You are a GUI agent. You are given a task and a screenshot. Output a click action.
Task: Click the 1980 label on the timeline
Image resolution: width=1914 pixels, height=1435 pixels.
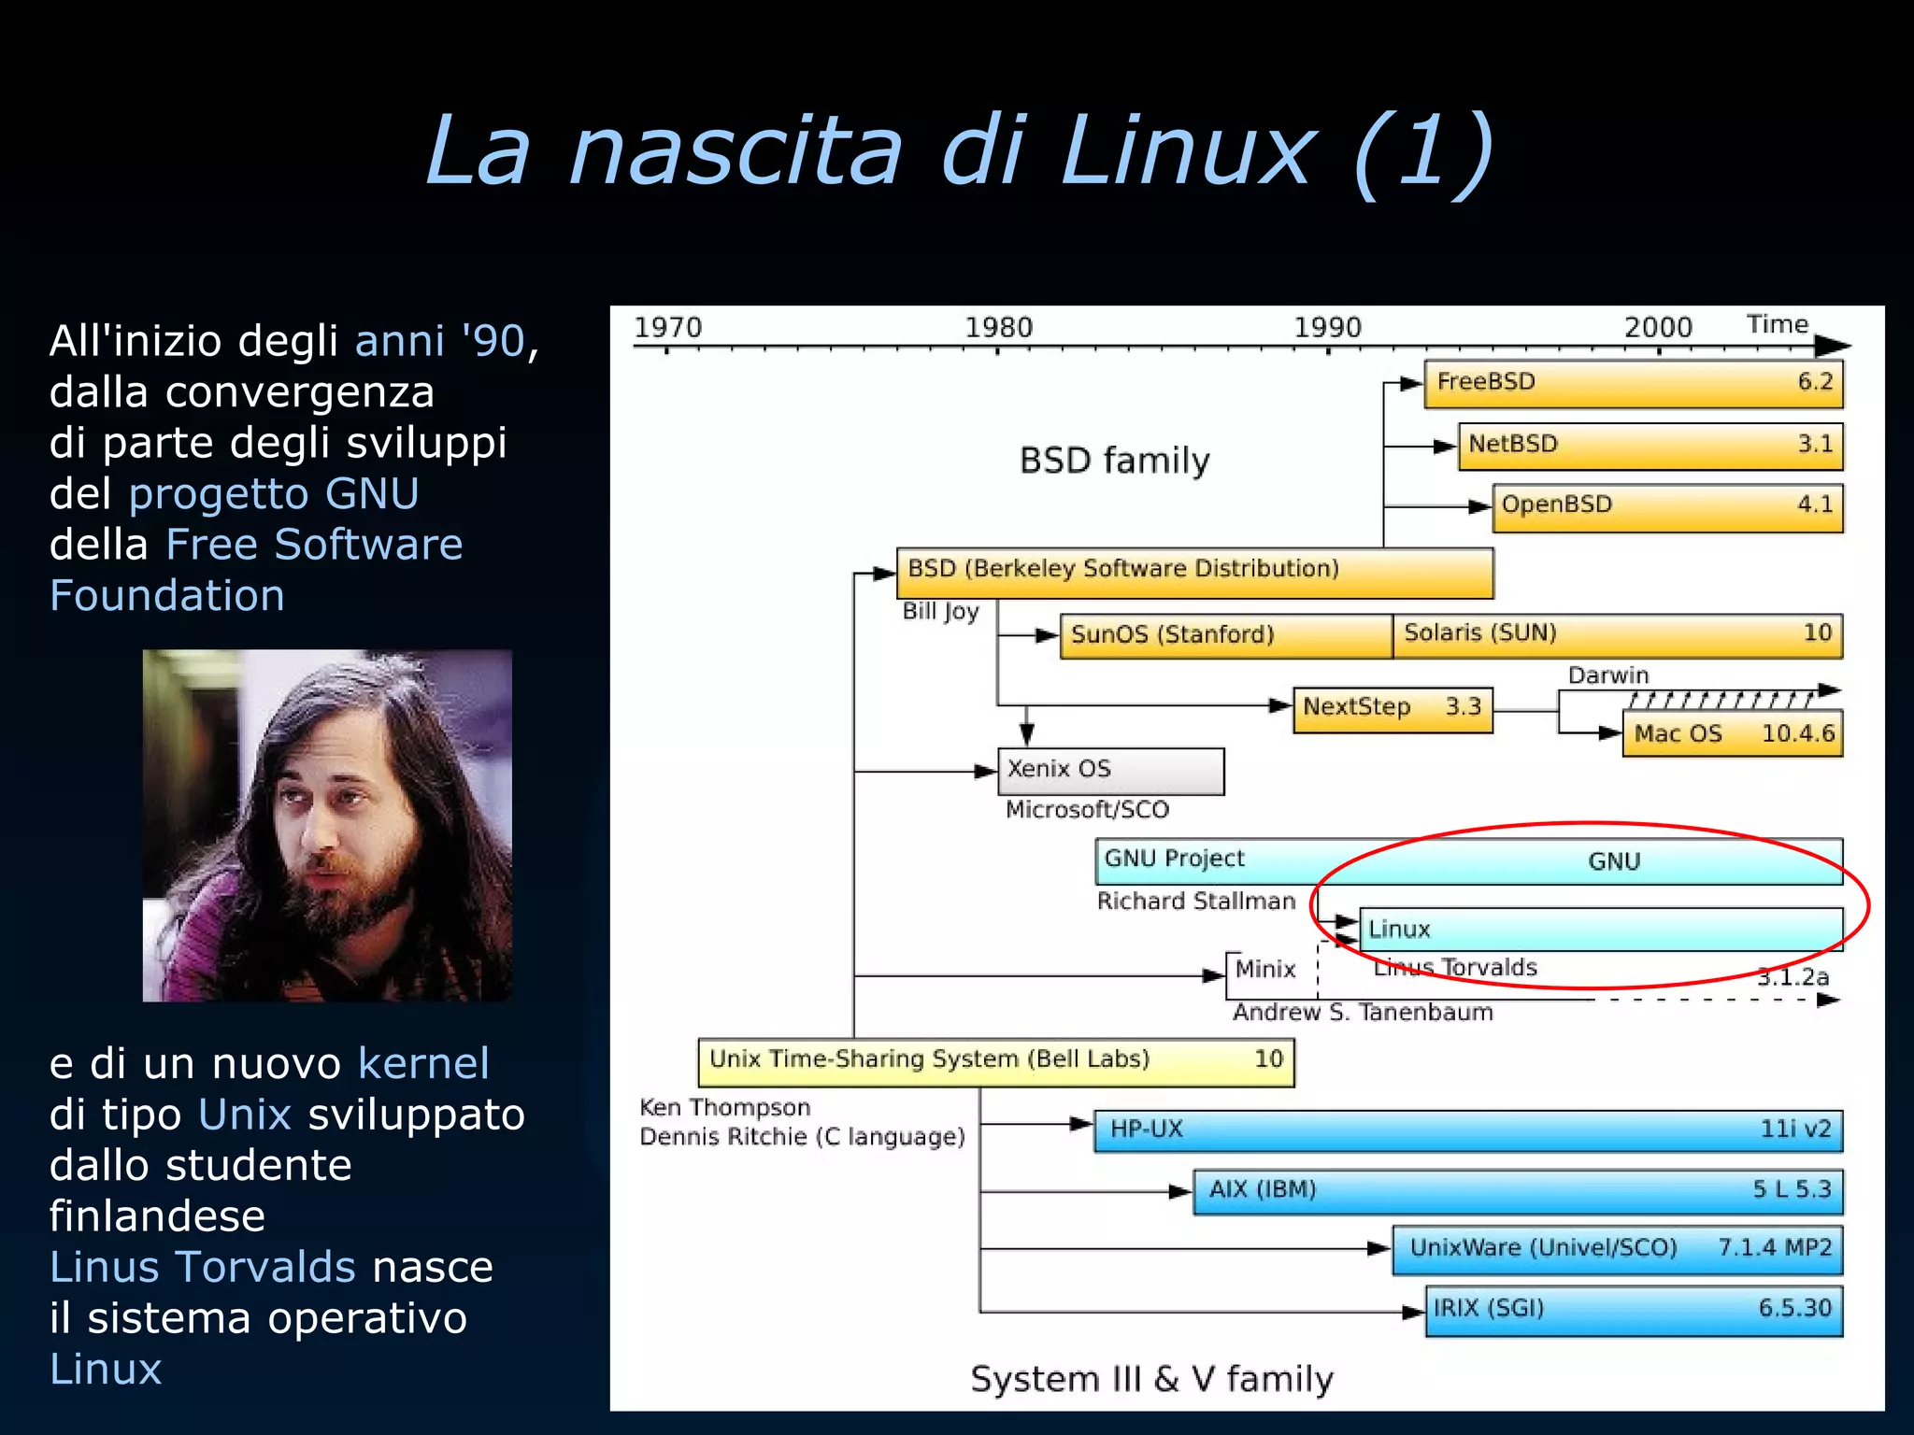998,328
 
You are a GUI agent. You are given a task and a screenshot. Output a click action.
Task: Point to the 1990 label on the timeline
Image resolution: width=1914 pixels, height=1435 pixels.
1327,328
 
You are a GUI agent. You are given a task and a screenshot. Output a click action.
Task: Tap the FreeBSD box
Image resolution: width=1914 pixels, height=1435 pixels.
1633,383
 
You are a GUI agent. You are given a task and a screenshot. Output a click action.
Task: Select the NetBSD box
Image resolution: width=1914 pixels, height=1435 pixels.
1650,445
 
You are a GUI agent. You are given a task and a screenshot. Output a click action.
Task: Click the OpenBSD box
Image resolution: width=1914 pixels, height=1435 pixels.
1667,506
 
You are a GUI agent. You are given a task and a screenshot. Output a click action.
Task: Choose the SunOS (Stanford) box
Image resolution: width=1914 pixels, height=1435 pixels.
1225,635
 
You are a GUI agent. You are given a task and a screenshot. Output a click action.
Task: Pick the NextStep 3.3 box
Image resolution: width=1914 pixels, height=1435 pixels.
1393,708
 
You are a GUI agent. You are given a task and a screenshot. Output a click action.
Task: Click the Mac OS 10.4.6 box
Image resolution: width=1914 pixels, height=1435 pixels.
1732,734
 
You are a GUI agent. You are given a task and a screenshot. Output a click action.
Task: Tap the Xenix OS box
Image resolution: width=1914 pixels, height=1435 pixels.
1110,771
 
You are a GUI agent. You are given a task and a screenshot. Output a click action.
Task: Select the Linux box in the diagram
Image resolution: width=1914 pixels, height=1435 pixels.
1600,930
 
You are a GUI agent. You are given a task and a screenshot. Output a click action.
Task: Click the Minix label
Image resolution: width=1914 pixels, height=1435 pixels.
1264,970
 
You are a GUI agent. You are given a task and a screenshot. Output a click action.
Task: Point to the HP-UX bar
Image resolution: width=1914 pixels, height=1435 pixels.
1467,1130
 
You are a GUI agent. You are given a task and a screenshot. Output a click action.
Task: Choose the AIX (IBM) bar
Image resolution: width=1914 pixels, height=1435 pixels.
1518,1190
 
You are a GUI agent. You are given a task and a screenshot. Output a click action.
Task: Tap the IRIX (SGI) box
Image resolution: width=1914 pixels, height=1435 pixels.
1634,1310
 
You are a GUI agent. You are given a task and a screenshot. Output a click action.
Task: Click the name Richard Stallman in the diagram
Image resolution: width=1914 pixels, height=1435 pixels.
1196,902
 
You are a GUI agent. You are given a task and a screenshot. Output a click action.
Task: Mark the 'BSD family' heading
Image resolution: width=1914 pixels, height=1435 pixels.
1114,462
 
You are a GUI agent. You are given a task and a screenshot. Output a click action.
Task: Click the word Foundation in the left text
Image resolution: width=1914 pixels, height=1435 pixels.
167,596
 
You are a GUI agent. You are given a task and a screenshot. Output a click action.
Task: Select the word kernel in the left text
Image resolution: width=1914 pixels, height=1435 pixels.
423,1064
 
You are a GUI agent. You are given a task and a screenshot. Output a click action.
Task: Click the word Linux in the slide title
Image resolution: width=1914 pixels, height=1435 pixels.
1187,151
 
